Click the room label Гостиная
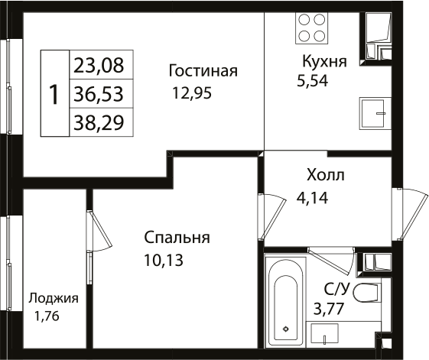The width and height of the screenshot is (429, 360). point(203,71)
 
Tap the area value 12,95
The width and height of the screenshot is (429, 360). point(192,94)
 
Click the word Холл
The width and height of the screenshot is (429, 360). point(325,176)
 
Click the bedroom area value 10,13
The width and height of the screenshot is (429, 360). point(164,260)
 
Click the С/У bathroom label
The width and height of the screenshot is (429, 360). point(336,289)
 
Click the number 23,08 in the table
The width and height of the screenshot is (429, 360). point(101,64)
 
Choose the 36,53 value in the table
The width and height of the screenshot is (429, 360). point(101,93)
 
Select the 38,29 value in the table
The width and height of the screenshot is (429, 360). point(101,122)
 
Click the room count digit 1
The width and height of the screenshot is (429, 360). point(54,94)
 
